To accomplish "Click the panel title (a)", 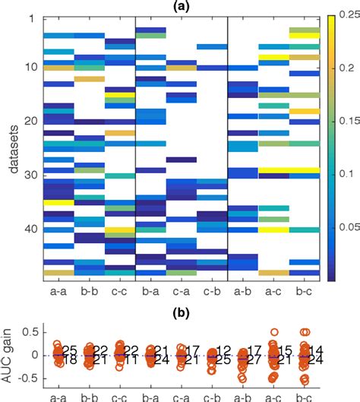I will tap(180, 5).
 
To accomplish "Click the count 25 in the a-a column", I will tap(70, 350).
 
